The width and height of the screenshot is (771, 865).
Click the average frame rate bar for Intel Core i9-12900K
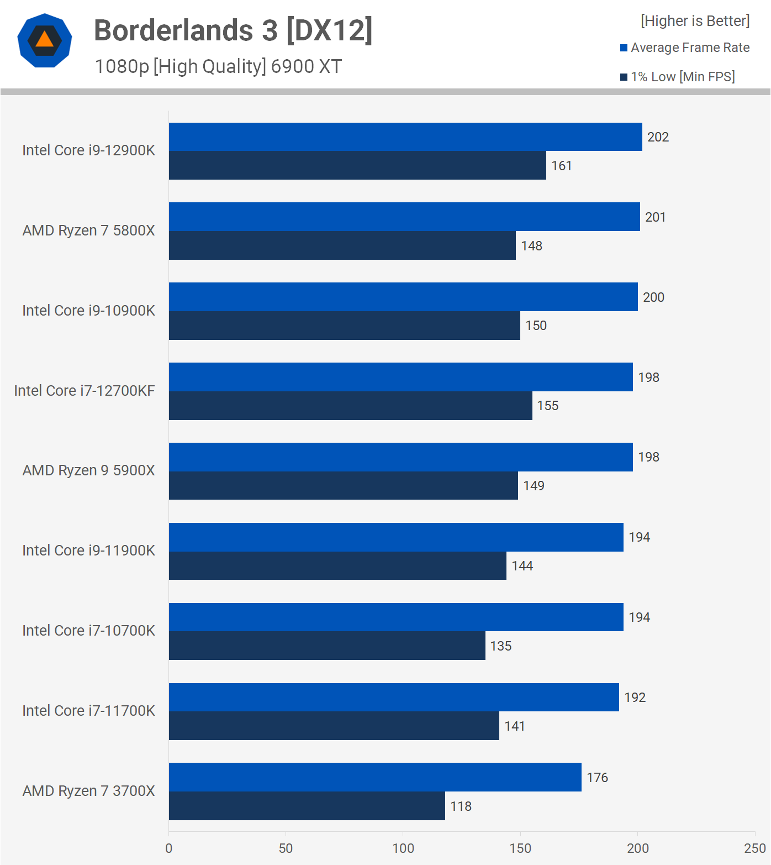click(x=405, y=137)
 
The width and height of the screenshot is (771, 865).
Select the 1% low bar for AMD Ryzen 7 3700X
click(x=307, y=806)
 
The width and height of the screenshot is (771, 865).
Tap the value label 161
click(x=561, y=166)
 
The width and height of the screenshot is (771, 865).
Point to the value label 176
click(x=597, y=778)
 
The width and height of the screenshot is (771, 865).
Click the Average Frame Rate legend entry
click(x=685, y=48)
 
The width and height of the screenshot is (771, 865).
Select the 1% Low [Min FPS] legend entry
click(x=678, y=77)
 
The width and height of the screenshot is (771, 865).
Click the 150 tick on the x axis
click(x=520, y=848)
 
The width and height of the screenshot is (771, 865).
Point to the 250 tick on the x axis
click(x=754, y=848)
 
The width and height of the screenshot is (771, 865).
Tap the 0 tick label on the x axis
click(x=169, y=848)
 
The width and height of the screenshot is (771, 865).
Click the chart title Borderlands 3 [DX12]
click(x=233, y=30)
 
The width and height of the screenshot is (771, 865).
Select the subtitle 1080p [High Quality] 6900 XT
click(x=218, y=66)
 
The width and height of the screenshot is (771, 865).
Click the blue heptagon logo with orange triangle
click(x=45, y=40)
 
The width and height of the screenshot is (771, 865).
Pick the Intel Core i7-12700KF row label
click(x=85, y=391)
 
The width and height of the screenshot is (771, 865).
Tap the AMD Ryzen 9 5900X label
click(x=88, y=470)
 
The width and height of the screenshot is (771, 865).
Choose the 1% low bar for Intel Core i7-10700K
click(x=327, y=646)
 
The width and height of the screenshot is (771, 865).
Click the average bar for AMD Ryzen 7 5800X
click(x=404, y=217)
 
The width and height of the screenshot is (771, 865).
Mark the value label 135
click(x=500, y=646)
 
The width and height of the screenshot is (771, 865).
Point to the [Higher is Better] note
click(x=695, y=21)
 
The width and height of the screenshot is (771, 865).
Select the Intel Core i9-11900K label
click(x=88, y=551)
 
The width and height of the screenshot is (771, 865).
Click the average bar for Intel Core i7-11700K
click(x=394, y=697)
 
